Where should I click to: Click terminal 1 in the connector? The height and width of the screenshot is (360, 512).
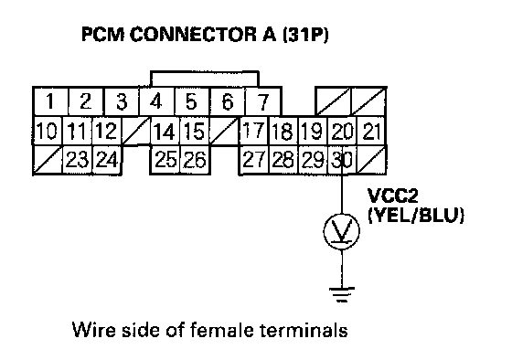(50, 101)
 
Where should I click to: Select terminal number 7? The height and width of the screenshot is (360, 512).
(262, 101)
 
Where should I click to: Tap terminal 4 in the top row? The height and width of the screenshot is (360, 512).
(156, 101)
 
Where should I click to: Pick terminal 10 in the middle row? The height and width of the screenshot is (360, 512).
(48, 131)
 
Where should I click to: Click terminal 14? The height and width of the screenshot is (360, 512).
(165, 131)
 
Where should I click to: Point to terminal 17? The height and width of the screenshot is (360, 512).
(254, 131)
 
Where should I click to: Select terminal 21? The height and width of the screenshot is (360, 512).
(372, 131)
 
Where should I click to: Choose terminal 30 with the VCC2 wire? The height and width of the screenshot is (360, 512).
(342, 160)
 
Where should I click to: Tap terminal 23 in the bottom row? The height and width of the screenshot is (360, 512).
(77, 160)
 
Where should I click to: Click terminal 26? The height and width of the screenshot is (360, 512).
(195, 160)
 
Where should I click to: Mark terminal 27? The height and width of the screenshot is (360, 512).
(254, 160)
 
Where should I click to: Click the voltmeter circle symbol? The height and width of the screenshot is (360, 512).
(342, 231)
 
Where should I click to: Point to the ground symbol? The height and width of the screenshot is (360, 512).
(342, 293)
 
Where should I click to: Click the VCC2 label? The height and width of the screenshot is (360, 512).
(393, 196)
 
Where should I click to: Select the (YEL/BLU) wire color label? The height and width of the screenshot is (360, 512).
(416, 215)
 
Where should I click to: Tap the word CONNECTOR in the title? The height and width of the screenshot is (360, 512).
(193, 35)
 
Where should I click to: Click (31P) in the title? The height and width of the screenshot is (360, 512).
(305, 35)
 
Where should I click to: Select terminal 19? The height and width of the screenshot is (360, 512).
(313, 131)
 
